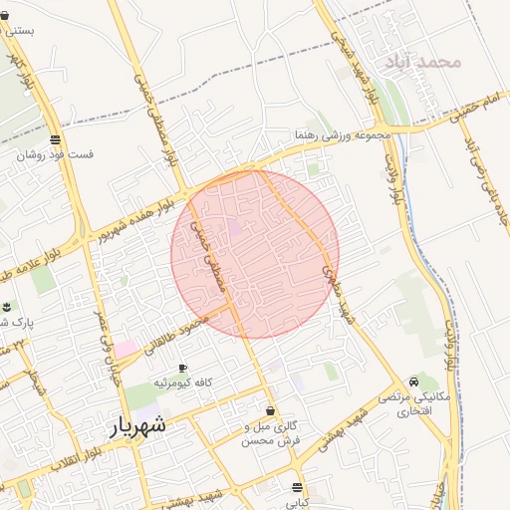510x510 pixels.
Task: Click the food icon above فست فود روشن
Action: coord(54,139)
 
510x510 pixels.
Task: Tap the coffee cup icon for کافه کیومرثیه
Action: coord(181,369)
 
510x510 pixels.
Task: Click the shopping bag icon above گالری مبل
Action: coord(270,411)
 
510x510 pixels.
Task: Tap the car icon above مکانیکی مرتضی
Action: coord(414,382)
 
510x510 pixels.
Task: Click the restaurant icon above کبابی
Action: coord(297,487)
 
